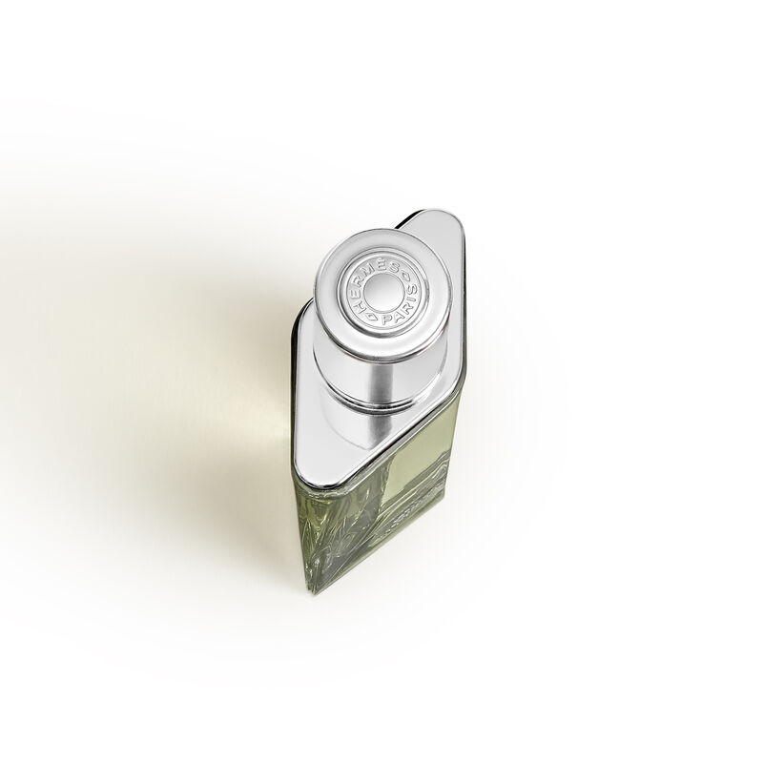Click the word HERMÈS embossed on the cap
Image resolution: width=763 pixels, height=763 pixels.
[371, 273]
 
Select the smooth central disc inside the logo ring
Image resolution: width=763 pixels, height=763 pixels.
[384, 292]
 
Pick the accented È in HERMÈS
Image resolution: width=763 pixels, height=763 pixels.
[382, 264]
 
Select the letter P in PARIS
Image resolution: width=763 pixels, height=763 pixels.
[385, 320]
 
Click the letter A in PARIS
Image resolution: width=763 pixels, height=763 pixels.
[396, 316]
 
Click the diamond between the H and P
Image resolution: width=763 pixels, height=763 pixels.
[372, 317]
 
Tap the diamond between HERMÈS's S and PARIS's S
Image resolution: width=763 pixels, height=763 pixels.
[405, 275]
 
